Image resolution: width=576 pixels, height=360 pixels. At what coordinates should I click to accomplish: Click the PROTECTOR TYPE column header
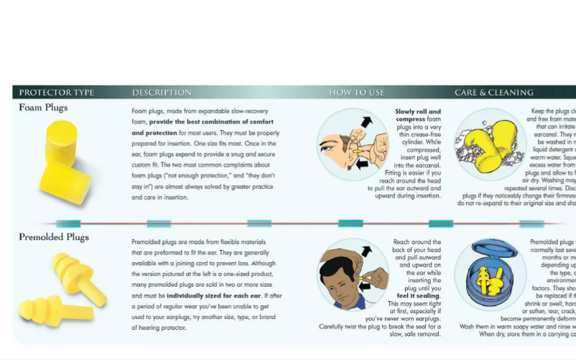tap(56, 93)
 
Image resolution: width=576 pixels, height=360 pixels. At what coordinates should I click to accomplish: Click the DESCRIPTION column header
tap(162, 93)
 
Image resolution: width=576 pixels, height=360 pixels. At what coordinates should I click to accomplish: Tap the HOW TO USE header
tap(357, 93)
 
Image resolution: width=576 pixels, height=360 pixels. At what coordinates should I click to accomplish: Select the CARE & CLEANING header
tap(493, 93)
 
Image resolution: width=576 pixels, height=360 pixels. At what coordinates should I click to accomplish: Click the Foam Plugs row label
tap(43, 108)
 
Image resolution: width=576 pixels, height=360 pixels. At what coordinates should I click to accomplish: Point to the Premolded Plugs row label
tap(54, 237)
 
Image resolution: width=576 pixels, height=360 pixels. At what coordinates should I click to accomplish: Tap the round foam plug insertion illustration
tap(353, 144)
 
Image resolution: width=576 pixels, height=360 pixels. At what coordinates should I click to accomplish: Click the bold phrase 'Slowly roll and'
tap(418, 111)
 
